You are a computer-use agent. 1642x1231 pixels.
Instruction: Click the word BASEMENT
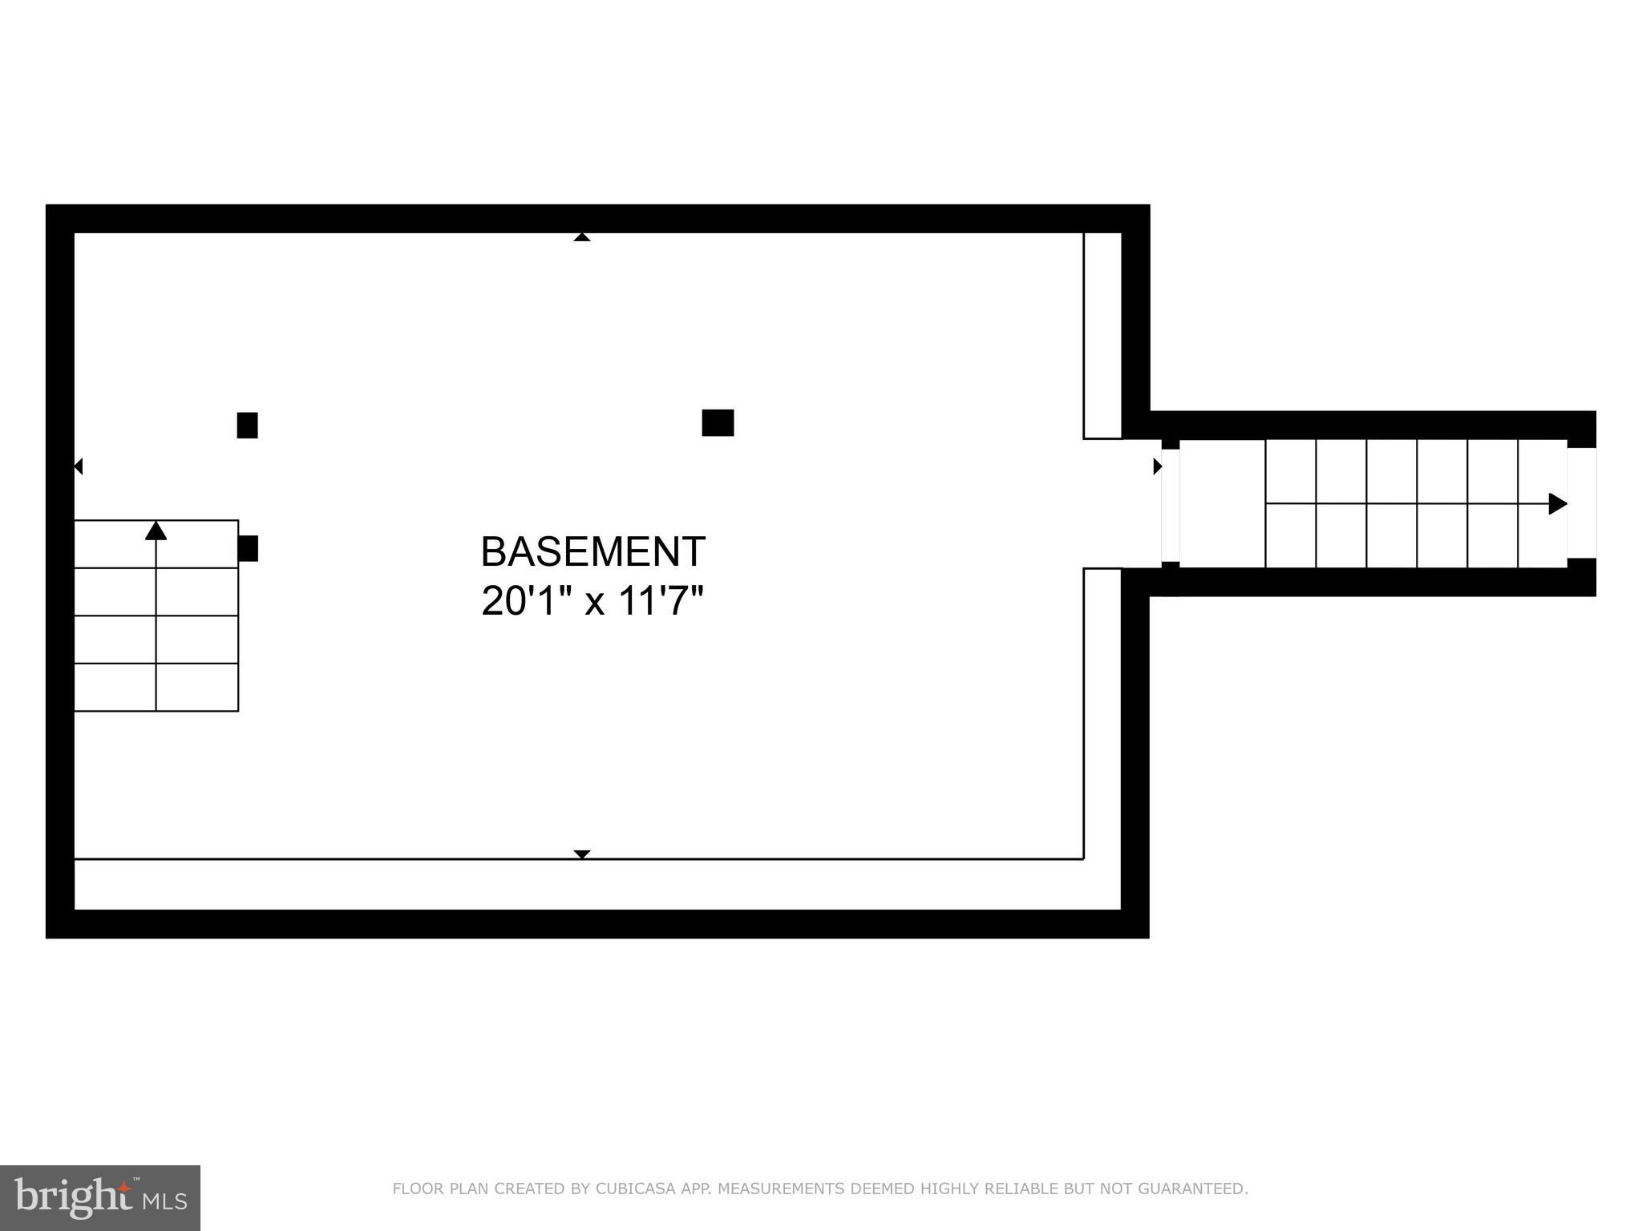click(x=592, y=551)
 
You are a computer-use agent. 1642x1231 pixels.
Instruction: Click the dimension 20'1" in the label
click(x=519, y=601)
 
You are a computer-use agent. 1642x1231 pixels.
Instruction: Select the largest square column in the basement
click(x=718, y=422)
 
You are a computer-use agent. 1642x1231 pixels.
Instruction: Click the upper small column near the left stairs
click(x=247, y=425)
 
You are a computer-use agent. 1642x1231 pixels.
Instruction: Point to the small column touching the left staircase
click(x=249, y=548)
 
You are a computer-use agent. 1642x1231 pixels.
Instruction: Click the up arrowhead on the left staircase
click(x=156, y=531)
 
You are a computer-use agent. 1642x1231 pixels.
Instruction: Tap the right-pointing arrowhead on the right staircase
click(x=1557, y=504)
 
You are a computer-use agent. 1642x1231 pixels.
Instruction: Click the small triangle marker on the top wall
click(x=582, y=237)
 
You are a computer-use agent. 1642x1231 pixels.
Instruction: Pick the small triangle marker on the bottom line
click(x=582, y=854)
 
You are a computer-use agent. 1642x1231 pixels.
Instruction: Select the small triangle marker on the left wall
click(x=79, y=466)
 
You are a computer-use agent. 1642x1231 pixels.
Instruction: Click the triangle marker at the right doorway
click(x=1157, y=466)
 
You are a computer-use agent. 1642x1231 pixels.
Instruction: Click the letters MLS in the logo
click(x=165, y=1201)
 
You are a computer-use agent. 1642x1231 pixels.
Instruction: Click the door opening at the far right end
click(x=1581, y=503)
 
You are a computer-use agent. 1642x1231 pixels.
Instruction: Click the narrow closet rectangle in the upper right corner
click(x=1102, y=336)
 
